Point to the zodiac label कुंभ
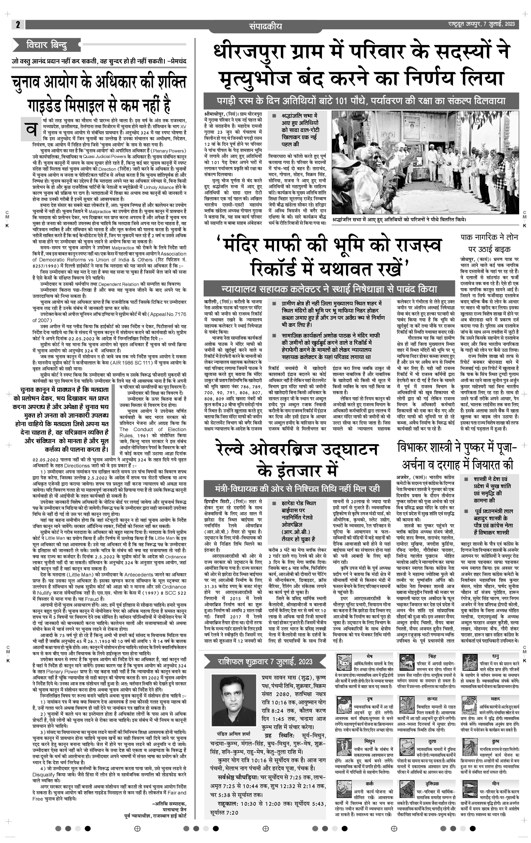click(x=495, y=741)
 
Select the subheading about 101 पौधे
click(x=361, y=101)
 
